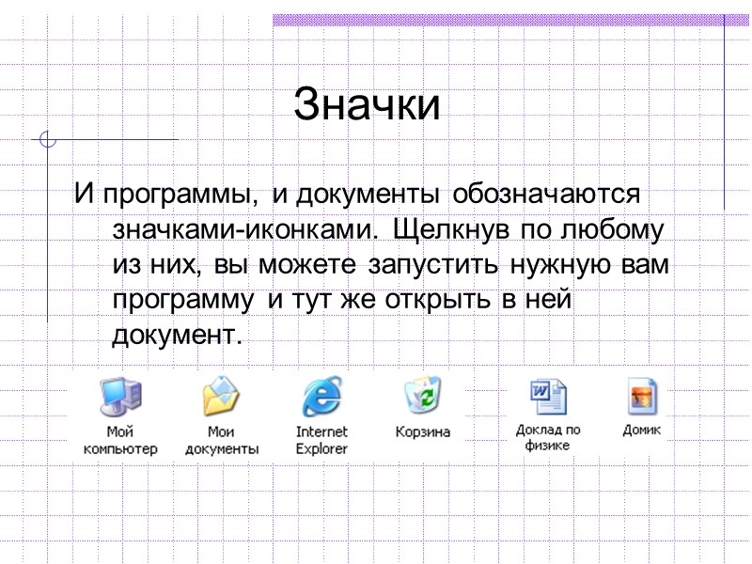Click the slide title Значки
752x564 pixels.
click(367, 105)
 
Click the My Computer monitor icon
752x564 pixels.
click(120, 396)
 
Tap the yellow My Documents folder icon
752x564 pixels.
click(222, 396)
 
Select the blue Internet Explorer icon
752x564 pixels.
click(321, 396)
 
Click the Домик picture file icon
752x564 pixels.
click(642, 396)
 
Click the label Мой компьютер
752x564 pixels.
click(120, 440)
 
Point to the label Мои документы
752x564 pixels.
click(222, 440)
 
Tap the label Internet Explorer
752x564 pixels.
click(321, 440)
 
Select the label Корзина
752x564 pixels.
click(422, 432)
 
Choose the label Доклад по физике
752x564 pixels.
click(548, 437)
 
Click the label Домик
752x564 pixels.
click(642, 430)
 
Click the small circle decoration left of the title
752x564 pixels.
click(48, 142)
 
